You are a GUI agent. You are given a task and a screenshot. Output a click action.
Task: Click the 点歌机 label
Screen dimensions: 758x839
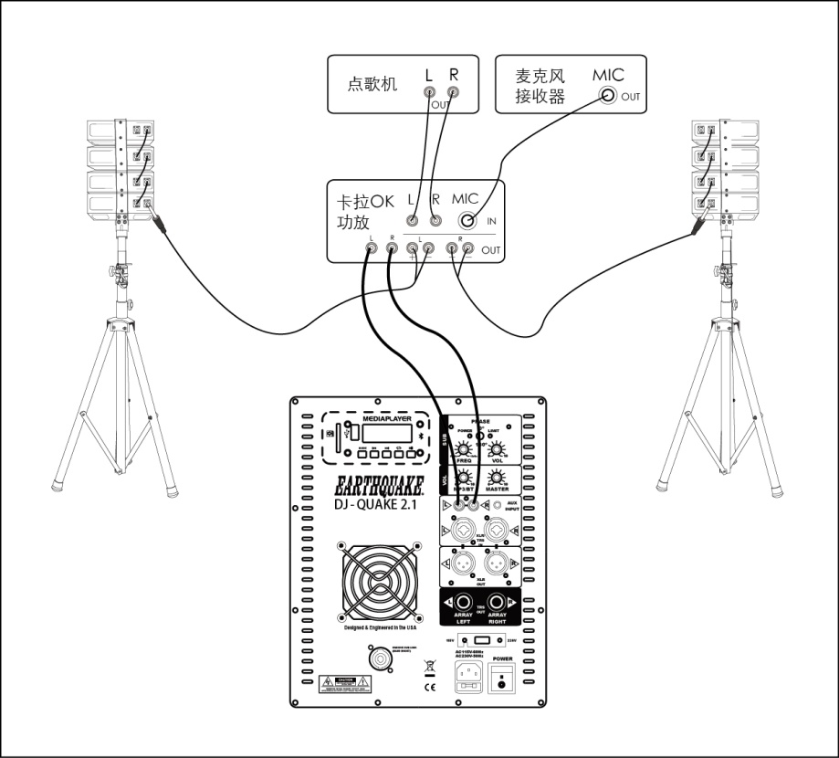click(372, 84)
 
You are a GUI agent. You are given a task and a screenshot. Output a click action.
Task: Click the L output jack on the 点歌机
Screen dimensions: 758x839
click(429, 93)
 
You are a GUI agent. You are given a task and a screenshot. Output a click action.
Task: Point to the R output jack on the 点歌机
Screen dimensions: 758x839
click(453, 93)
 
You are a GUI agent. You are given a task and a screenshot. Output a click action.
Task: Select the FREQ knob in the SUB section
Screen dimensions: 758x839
click(464, 451)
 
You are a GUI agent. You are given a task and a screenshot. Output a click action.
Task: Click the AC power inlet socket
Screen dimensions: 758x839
click(470, 677)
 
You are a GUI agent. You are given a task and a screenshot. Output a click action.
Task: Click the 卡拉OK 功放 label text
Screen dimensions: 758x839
click(362, 211)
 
